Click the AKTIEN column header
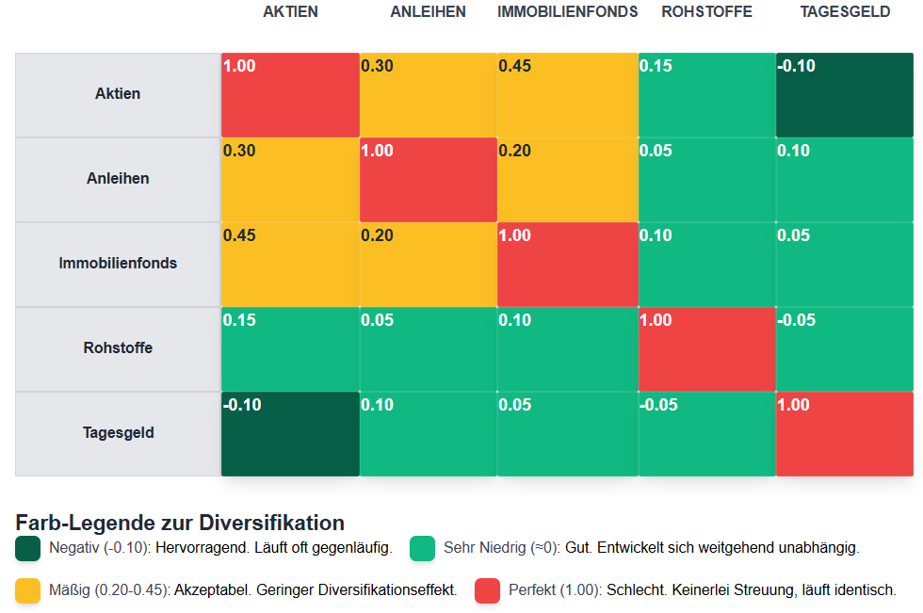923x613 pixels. click(x=290, y=12)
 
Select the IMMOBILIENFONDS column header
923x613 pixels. click(x=567, y=12)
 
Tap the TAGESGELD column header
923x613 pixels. click(x=844, y=12)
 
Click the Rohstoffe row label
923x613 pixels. click(x=118, y=348)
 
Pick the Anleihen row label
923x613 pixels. click(x=118, y=179)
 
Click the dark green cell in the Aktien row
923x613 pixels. click(x=844, y=95)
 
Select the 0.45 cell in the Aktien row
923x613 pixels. click(x=567, y=95)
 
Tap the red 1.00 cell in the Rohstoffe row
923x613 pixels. click(x=706, y=349)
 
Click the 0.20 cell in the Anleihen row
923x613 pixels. click(x=567, y=180)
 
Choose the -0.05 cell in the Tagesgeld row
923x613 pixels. click(x=706, y=434)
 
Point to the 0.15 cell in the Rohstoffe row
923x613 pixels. click(x=290, y=349)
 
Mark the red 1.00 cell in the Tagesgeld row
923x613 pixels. click(x=844, y=434)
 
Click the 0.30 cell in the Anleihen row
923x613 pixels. click(x=290, y=180)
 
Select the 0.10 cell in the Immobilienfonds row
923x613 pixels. click(x=706, y=265)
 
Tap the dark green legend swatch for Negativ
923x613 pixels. click(x=28, y=548)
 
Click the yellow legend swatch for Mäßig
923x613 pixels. click(x=28, y=590)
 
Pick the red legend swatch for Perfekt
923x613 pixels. click(x=487, y=590)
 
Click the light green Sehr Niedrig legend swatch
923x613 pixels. click(x=422, y=548)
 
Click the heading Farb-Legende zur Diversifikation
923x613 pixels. click(x=180, y=523)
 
